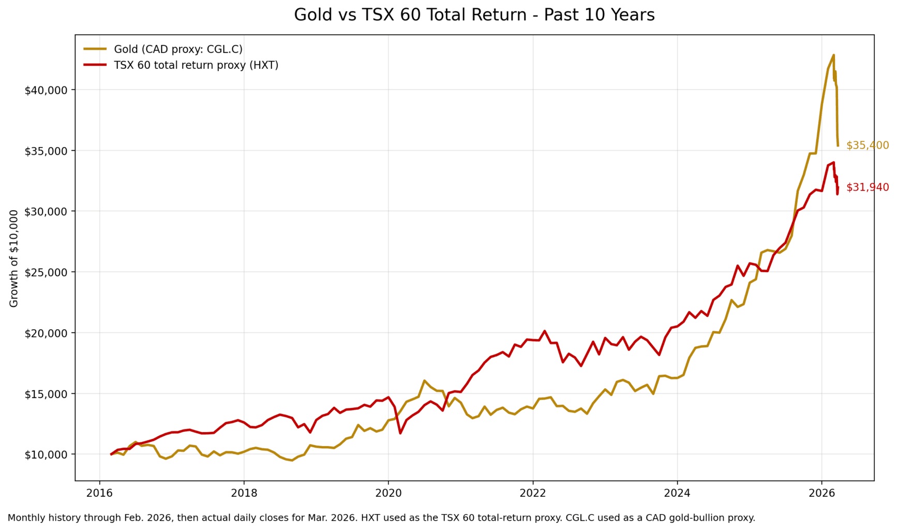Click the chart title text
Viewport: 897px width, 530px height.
point(474,15)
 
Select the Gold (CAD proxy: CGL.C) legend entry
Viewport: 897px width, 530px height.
point(178,49)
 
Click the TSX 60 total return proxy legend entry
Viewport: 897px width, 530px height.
point(196,65)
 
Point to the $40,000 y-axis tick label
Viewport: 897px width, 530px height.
point(46,90)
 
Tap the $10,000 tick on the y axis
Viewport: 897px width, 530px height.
point(46,454)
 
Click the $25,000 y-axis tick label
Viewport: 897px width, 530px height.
point(46,272)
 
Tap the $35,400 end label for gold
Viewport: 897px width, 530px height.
point(867,145)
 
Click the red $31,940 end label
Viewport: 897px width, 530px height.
point(867,187)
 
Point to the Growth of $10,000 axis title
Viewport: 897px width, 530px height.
point(14,258)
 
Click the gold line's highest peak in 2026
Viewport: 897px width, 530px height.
point(833,55)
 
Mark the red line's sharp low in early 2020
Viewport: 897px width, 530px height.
point(400,433)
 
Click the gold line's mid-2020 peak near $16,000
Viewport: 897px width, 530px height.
point(424,380)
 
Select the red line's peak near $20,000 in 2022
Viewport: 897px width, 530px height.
point(544,331)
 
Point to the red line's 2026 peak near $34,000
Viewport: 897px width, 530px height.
point(833,163)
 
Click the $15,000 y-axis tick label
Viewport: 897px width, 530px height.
point(46,394)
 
